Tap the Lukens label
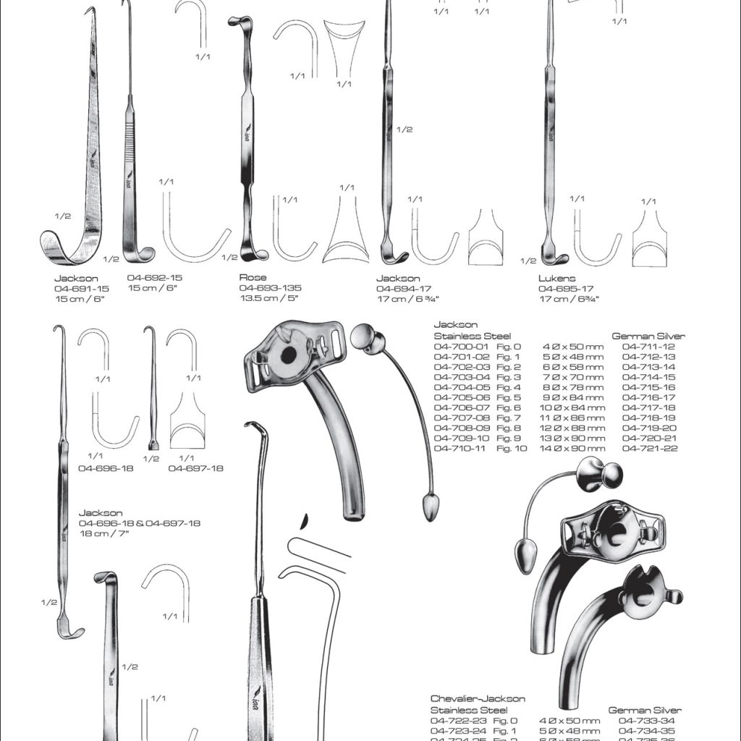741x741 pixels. (556, 278)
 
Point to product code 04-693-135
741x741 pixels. (271, 288)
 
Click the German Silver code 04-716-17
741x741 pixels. (648, 397)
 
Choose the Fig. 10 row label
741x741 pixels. (512, 449)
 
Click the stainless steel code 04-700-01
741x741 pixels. (461, 347)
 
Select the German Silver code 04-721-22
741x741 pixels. (648, 449)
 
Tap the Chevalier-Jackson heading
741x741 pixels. (478, 699)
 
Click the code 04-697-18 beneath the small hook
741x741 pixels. (195, 468)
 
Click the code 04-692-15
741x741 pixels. (155, 277)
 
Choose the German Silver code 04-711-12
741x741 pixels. (648, 347)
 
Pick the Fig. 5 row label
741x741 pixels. (509, 397)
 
